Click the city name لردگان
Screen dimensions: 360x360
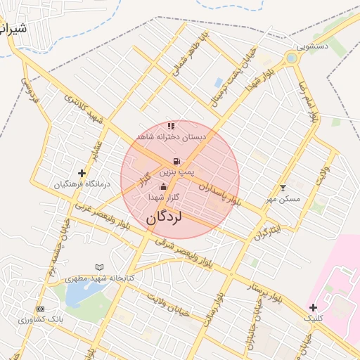pos(165,218)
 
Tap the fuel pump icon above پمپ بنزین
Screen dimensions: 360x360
pos(176,161)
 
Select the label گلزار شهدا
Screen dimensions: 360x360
pos(165,198)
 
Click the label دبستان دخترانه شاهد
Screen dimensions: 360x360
pos(172,136)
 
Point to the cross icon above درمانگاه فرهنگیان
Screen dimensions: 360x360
pos(82,173)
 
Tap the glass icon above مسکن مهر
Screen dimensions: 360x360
pos(283,188)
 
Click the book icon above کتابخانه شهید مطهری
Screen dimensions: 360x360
pos(99,267)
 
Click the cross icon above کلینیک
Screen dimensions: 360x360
pos(313,307)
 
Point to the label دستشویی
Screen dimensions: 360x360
pos(311,46)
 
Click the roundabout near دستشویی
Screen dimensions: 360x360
pos(292,58)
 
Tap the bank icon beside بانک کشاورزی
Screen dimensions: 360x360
pos(40,309)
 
